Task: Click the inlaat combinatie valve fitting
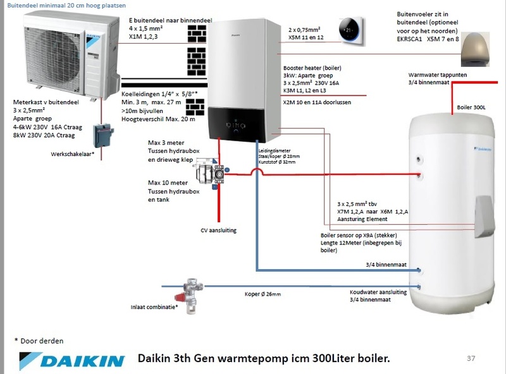pos(190,293)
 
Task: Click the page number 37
pos(470,359)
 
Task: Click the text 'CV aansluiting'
pos(218,231)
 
